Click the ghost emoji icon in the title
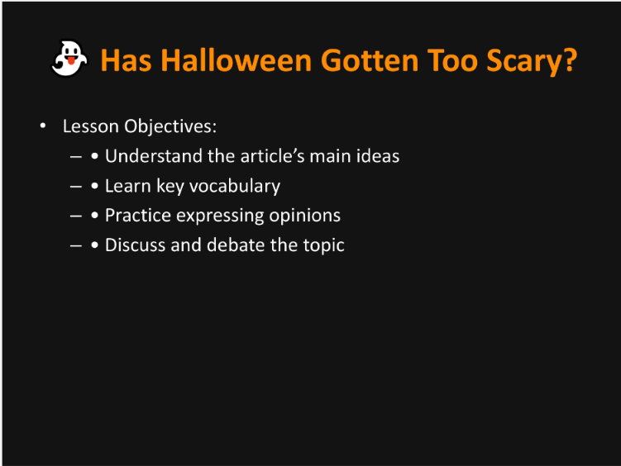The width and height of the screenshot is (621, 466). coord(69,59)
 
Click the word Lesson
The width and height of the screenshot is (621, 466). coord(90,126)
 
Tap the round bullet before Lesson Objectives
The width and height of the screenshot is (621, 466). coord(41,126)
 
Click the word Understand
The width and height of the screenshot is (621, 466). coord(154,155)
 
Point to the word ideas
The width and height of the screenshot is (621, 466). coord(376,155)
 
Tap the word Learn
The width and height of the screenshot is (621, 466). coord(127,185)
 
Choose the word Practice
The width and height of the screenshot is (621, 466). coord(138,215)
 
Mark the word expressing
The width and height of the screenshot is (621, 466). coord(222,216)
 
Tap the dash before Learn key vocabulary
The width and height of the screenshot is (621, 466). coord(75,186)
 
